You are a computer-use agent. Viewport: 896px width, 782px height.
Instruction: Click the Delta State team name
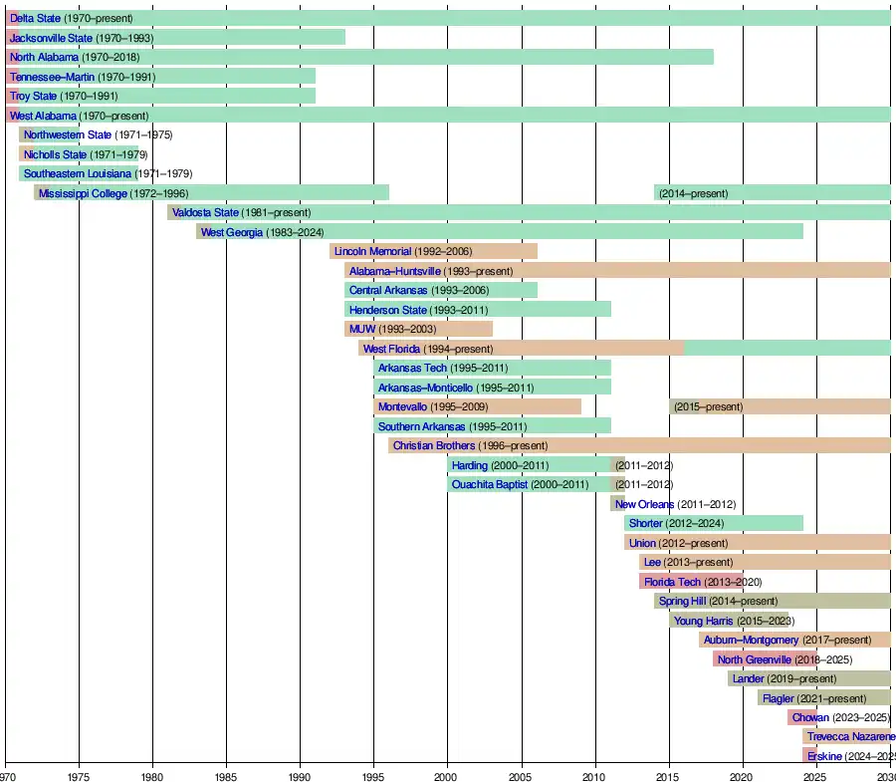(35, 19)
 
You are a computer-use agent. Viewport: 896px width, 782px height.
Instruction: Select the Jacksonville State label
(51, 38)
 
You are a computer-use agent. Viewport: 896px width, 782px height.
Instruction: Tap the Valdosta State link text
(205, 213)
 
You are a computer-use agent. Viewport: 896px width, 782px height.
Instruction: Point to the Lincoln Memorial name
(372, 252)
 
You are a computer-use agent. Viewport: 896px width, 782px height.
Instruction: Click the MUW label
(362, 330)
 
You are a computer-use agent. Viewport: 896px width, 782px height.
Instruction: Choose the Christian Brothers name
(434, 446)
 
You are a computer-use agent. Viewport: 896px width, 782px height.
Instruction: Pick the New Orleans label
(644, 505)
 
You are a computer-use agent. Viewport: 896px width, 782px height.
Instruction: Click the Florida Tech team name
(672, 583)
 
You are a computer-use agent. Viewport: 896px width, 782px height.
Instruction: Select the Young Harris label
(703, 622)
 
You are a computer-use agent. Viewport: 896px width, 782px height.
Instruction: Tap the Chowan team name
(810, 718)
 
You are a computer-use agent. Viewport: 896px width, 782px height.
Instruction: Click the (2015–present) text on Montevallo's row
(708, 407)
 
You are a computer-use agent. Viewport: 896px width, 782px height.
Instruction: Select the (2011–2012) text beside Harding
(643, 466)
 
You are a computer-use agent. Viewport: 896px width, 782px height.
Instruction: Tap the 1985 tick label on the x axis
(226, 775)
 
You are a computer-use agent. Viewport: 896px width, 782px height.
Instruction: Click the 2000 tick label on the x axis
(447, 775)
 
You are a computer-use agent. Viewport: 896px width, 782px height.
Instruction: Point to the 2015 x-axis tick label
(668, 775)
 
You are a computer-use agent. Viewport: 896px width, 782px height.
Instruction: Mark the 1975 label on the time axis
(79, 775)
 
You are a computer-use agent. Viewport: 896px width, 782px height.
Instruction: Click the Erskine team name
(825, 757)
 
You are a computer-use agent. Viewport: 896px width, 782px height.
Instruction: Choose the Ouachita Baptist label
(490, 485)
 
